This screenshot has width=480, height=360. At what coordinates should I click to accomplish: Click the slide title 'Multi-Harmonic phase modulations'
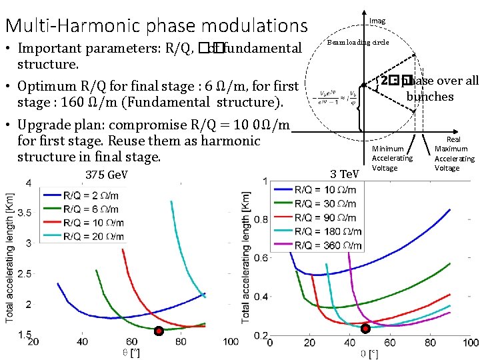pyautogui.click(x=156, y=25)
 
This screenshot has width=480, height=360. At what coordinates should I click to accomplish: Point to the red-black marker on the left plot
pyautogui.click(x=159, y=331)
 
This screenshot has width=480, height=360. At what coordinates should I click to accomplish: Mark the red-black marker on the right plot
pyautogui.click(x=365, y=329)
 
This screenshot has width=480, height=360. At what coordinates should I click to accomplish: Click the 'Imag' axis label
pyautogui.click(x=377, y=21)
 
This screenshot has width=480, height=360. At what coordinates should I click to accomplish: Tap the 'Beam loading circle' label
pyautogui.click(x=357, y=42)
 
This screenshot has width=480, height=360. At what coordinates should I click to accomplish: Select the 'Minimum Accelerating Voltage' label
pyautogui.click(x=392, y=158)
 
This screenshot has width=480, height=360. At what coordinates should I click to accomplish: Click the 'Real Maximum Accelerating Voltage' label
pyautogui.click(x=454, y=153)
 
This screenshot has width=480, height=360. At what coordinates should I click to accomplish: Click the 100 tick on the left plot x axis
pyautogui.click(x=231, y=342)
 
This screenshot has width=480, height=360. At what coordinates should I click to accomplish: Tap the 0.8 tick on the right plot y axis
pyautogui.click(x=260, y=219)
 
